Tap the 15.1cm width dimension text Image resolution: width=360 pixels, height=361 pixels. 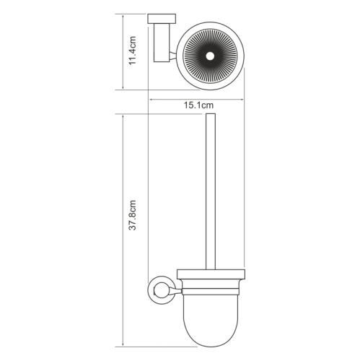(x=196, y=105)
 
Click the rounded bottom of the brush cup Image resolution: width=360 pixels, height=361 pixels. (x=209, y=339)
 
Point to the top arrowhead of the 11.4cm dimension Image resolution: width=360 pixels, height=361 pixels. (x=123, y=16)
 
